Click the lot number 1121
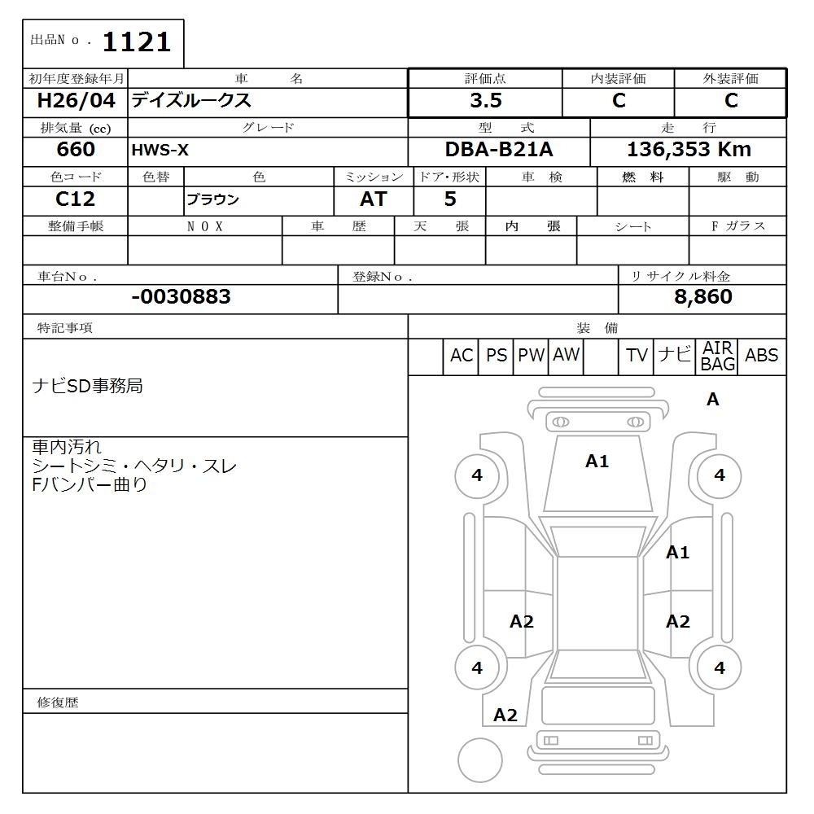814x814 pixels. [136, 42]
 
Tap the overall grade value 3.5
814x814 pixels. [485, 101]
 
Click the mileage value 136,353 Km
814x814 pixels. [689, 150]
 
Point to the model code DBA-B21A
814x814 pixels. [498, 150]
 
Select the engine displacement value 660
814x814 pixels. [76, 150]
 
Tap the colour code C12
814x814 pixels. [75, 199]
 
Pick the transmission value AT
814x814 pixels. [373, 199]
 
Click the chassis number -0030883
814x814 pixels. [181, 297]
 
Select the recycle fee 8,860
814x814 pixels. [702, 297]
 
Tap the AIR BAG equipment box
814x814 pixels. [717, 357]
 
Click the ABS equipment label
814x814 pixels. [761, 356]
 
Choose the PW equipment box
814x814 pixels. [531, 356]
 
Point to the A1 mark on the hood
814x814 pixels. [597, 462]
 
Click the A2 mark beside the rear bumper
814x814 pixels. [505, 716]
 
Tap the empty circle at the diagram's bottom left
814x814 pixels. [479, 760]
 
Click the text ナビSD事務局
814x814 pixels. [87, 386]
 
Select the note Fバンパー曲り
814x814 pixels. [90, 485]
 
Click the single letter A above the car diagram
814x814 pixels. [713, 400]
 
